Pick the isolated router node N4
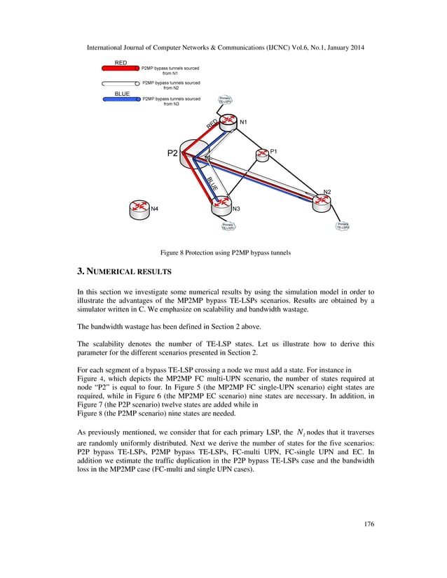(x=140, y=209)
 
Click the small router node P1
(x=263, y=155)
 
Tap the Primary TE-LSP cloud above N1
(x=226, y=100)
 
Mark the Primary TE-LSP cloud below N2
(x=343, y=226)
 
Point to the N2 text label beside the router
(x=327, y=192)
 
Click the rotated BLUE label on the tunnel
(x=212, y=184)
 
